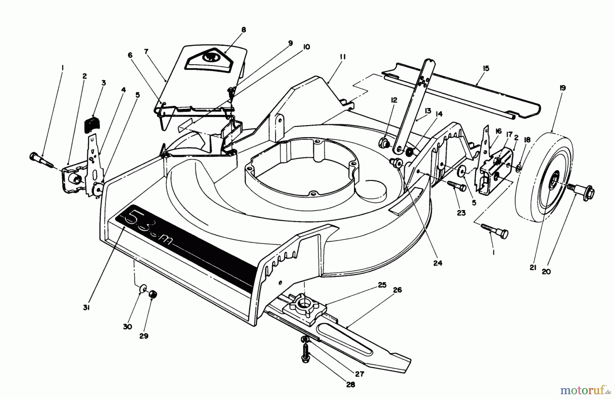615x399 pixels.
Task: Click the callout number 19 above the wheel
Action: click(x=562, y=88)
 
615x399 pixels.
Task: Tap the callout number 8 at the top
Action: click(x=243, y=30)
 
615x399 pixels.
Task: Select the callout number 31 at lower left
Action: click(x=86, y=308)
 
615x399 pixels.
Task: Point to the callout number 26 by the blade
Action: click(x=397, y=290)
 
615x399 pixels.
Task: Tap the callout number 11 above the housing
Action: click(x=343, y=57)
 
